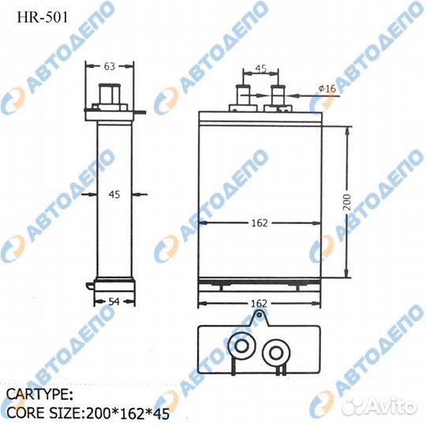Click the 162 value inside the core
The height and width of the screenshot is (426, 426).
point(260,223)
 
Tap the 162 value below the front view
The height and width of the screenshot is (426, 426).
point(260,303)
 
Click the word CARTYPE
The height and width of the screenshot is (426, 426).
point(40,392)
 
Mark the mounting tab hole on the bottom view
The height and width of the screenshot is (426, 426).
point(256,319)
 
